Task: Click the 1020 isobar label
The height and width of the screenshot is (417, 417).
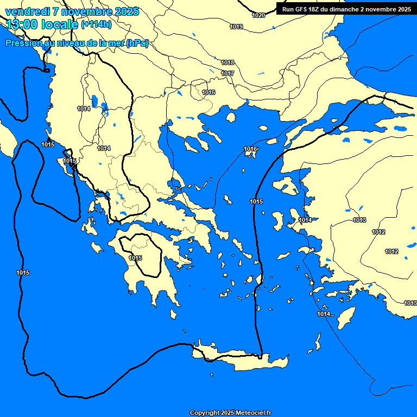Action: click(x=259, y=15)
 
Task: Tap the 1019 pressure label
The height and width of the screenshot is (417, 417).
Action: click(x=236, y=27)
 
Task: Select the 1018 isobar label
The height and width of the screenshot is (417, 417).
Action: click(x=228, y=62)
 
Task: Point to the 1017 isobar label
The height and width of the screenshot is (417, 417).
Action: click(x=228, y=73)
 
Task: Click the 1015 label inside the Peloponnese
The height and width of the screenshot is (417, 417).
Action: click(x=136, y=258)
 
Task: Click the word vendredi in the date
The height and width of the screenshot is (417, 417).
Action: click(x=28, y=11)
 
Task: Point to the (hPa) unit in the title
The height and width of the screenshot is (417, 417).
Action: click(x=137, y=43)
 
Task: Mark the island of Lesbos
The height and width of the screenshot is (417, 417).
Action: click(x=286, y=186)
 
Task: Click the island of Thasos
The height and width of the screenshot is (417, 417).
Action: click(x=231, y=117)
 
